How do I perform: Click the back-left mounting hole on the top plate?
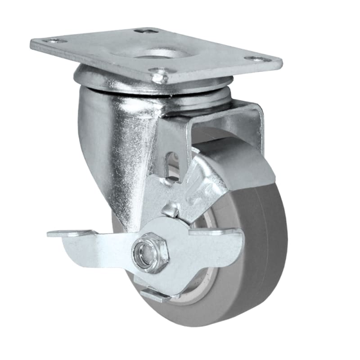pos(54,41)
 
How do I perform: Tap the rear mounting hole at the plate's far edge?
pos(147,31)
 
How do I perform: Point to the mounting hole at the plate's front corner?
pos(160,72)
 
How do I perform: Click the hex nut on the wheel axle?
pos(150,250)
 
